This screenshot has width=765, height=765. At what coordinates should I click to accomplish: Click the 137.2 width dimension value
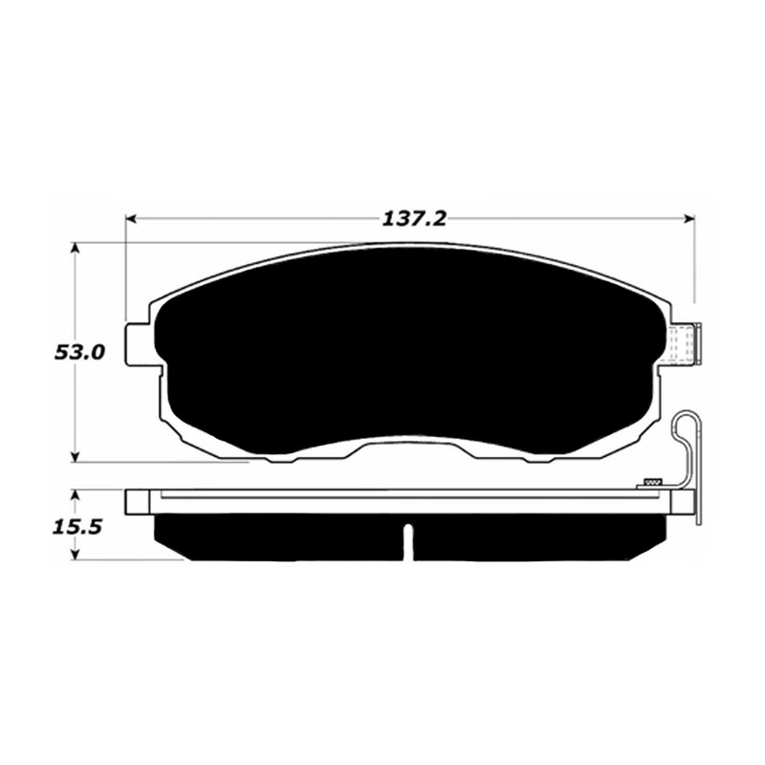point(414,220)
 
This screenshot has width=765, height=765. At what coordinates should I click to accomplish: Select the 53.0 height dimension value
point(79,352)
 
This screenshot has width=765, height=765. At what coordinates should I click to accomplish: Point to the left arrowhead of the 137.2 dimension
point(131,219)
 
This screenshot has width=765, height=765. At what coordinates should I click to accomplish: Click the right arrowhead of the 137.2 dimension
point(689,219)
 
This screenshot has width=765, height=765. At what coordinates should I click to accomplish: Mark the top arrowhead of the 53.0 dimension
point(75,248)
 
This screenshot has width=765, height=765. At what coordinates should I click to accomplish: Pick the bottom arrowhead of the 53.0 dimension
point(75,456)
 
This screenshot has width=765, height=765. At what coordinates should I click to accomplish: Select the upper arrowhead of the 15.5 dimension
point(75,496)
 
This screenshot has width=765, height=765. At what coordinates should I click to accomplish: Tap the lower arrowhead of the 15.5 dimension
point(75,555)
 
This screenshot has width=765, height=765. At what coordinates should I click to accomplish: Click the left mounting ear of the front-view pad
point(140,344)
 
